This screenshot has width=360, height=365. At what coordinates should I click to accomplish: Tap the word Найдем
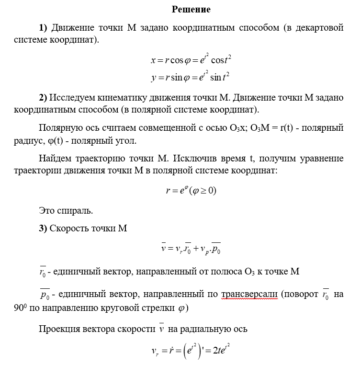(55, 158)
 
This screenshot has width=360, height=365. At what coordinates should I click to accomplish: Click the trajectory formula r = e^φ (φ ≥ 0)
(191, 190)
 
